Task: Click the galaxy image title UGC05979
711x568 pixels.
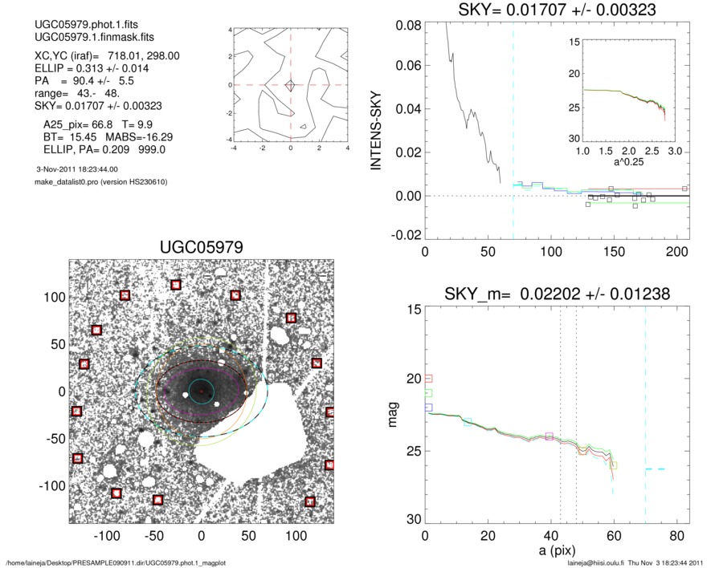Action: (x=201, y=249)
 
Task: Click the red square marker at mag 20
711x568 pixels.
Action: (x=428, y=378)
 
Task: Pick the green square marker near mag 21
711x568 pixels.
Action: (x=428, y=393)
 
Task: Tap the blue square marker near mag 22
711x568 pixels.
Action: (x=428, y=408)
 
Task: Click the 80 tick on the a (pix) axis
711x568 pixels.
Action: (x=677, y=537)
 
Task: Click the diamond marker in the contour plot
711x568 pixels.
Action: (x=291, y=85)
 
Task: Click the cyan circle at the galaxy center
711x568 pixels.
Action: (x=201, y=391)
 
